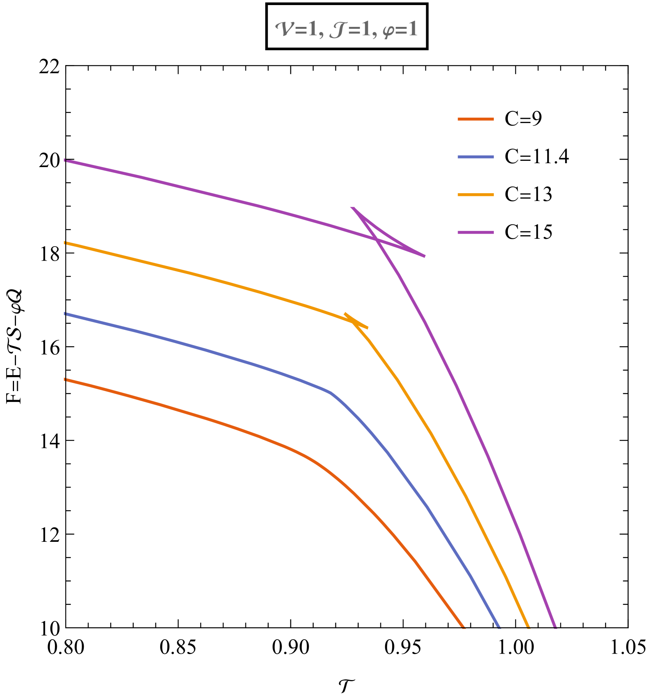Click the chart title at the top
tap(346, 30)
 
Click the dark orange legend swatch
tap(476, 119)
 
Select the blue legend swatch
tap(476, 157)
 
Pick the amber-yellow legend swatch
tap(476, 195)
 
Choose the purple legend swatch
tap(476, 233)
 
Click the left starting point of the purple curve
tap(65, 160)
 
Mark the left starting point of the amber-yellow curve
tap(65, 243)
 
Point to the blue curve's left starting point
tap(65, 314)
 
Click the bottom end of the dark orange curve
tap(464, 627)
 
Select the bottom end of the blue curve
tap(499, 627)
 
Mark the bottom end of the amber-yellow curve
tap(528, 627)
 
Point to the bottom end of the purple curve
tap(555, 627)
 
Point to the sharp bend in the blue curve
tap(331, 393)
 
